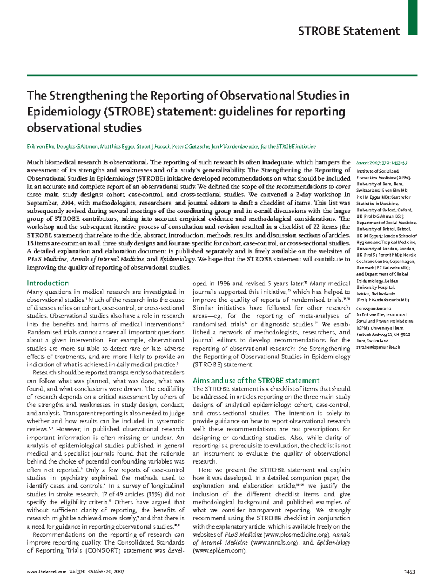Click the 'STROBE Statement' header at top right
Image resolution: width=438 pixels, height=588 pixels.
[x=349, y=31]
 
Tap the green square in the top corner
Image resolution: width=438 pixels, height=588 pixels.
[x=412, y=17]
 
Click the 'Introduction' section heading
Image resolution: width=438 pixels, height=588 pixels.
[x=48, y=283]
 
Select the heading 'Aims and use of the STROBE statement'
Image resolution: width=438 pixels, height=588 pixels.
[x=256, y=380]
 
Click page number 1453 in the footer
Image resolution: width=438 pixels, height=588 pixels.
[x=410, y=572]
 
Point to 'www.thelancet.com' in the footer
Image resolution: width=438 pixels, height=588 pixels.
[x=47, y=572]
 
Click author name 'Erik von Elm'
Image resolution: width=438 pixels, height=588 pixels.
[x=41, y=147]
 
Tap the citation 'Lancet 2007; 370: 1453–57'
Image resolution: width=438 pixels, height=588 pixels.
[x=381, y=163]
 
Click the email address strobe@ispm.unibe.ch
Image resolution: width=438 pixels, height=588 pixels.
[x=378, y=347]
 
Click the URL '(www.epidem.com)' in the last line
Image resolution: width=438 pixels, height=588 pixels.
[x=220, y=551]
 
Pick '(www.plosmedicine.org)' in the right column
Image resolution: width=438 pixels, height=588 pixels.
[x=297, y=535]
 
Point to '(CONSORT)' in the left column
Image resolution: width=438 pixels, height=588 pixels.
[x=103, y=551]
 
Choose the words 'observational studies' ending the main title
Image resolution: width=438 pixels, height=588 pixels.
[x=84, y=128]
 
